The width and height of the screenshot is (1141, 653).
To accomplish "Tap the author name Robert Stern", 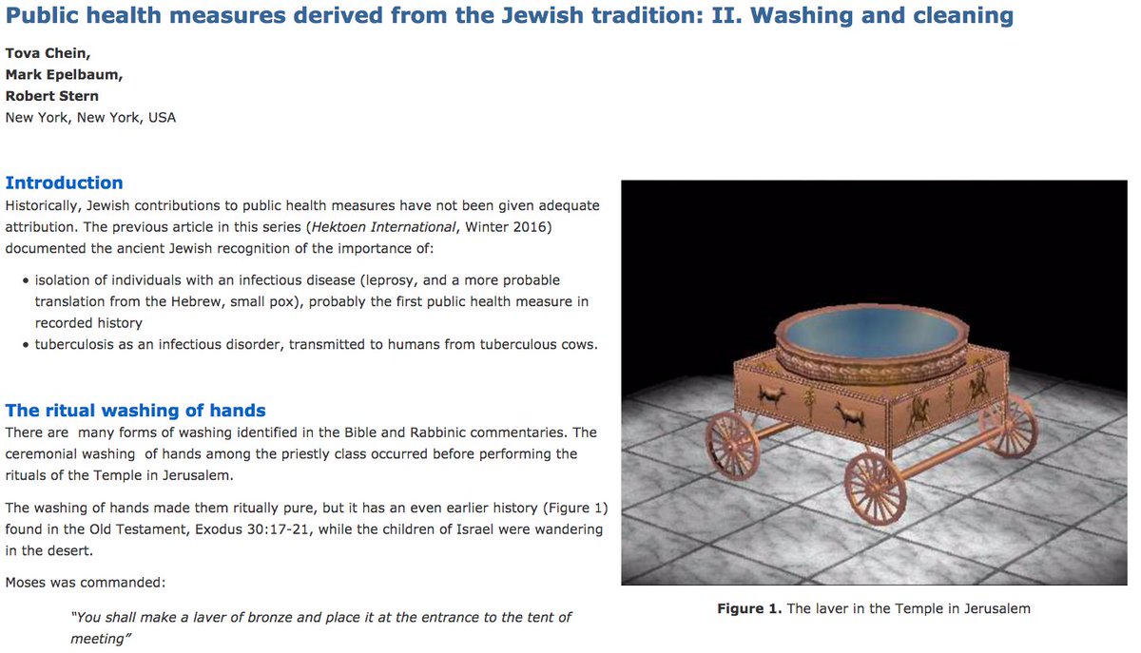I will [52, 96].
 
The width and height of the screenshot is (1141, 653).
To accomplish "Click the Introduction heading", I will [64, 182].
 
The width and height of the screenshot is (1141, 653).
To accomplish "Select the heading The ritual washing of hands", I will [135, 411].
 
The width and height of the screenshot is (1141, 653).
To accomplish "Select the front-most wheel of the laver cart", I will [875, 488].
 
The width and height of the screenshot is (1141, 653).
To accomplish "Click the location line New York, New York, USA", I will [90, 118].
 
